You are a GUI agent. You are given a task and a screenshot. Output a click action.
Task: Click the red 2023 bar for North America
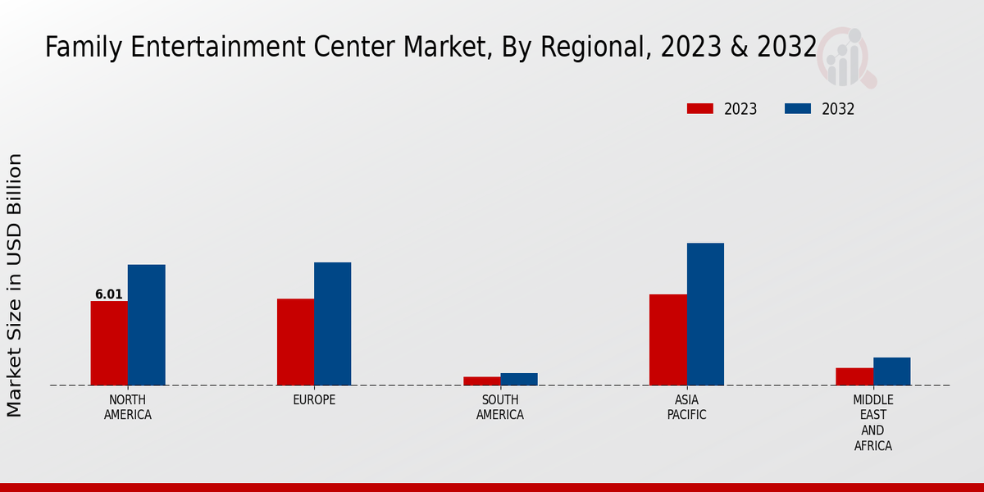point(109,343)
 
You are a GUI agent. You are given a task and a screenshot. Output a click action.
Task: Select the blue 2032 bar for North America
point(146,325)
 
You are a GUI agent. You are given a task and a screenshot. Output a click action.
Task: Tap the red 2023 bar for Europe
point(295,342)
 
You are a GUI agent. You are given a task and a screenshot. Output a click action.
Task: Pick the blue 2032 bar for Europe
point(332,324)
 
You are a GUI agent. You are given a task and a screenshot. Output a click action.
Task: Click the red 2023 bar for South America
point(481,381)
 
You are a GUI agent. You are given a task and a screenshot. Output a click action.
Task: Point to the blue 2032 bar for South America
point(519,379)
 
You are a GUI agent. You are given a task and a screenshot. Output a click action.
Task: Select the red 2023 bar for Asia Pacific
point(667,339)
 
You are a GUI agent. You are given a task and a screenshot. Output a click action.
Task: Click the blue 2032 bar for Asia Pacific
point(705,314)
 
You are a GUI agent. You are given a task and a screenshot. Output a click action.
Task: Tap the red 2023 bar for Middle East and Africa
point(854,376)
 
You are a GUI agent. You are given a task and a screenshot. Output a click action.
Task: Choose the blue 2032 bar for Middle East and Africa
point(891,371)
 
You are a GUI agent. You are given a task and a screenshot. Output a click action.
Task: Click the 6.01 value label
point(109,294)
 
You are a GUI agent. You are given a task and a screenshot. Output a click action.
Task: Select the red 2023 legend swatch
point(700,109)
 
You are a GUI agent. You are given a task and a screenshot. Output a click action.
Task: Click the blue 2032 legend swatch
point(798,109)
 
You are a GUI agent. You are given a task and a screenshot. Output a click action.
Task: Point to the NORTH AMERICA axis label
point(128,408)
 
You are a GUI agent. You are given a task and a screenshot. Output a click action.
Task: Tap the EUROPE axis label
point(314,400)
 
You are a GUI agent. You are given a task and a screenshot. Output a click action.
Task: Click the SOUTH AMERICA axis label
point(500,408)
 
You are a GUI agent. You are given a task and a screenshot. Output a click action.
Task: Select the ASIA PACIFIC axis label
point(686,408)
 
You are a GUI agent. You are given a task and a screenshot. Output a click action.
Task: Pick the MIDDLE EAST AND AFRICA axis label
point(872,423)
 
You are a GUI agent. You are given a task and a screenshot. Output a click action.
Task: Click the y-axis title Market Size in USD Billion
point(15,285)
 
